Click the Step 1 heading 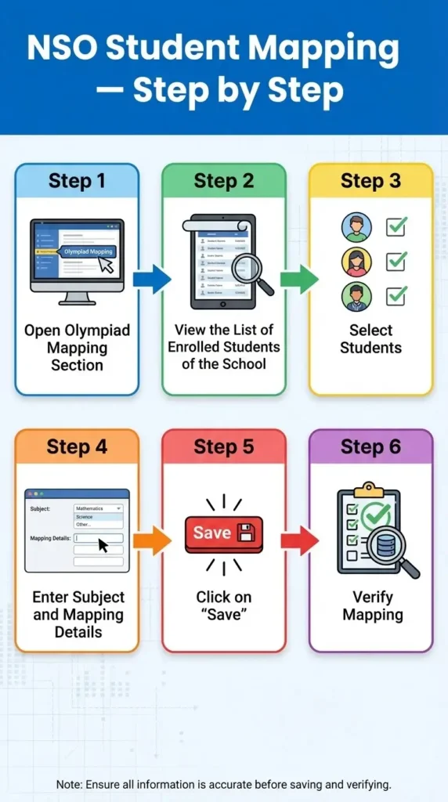[x=77, y=181]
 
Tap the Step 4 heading [x=77, y=447]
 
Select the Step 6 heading [x=370, y=447]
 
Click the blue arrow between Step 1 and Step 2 [x=151, y=279]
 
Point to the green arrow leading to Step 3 [x=298, y=279]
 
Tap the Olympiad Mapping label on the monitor [x=88, y=252]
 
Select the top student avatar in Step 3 [x=356, y=227]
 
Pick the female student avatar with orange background [x=356, y=262]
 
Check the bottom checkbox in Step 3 [x=396, y=296]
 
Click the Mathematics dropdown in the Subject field [x=99, y=508]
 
